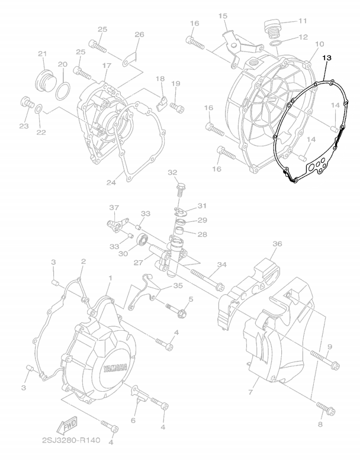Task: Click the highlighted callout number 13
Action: coord(327,58)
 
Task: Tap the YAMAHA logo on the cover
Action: coord(115,369)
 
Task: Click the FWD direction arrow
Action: coord(67,425)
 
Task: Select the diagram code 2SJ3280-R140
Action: coord(71,440)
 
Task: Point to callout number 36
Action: coord(277,244)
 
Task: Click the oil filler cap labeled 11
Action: coord(271,28)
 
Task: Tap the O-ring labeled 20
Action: coord(63,91)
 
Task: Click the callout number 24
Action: coord(111,183)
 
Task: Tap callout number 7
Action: coord(250,392)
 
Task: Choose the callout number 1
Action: coord(110,278)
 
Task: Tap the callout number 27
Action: coord(138,263)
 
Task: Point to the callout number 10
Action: coord(319,44)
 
